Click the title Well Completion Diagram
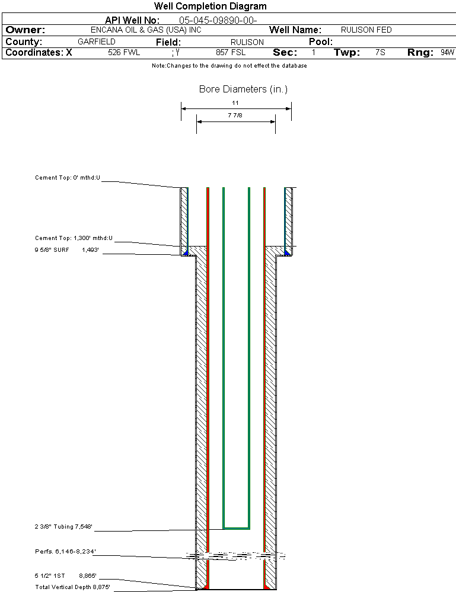point(210,7)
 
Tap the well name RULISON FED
point(366,30)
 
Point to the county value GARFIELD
point(97,42)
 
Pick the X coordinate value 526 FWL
point(124,53)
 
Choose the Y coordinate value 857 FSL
point(230,53)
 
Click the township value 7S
point(380,53)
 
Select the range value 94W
point(447,53)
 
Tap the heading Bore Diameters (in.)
point(243,89)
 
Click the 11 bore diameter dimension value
point(235,103)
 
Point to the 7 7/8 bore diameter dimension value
point(235,116)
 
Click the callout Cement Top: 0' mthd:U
point(68,177)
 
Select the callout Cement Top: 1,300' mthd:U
point(74,238)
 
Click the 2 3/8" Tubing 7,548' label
point(63,526)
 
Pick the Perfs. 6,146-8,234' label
point(65,551)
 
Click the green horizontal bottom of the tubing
point(236,527)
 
